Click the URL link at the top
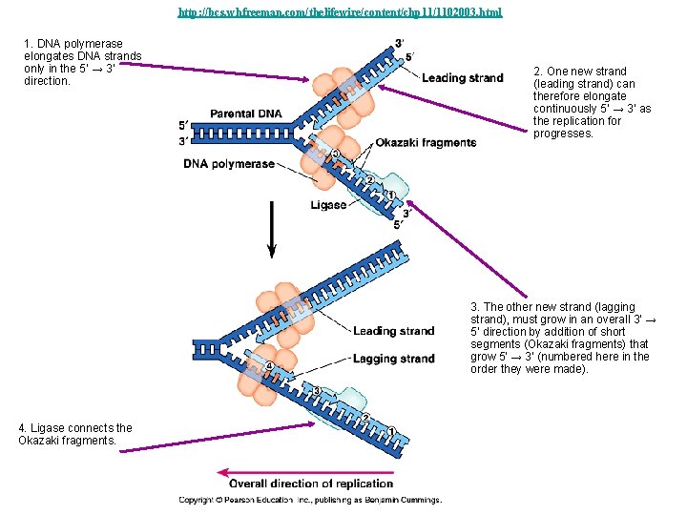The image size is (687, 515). click(x=340, y=12)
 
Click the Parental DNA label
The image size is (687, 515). click(x=246, y=113)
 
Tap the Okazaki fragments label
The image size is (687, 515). click(x=426, y=143)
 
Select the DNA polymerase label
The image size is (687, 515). click(x=229, y=164)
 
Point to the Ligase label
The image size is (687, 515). click(x=328, y=205)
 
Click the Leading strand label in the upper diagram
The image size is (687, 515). click(x=462, y=78)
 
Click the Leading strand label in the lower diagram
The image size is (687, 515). click(x=394, y=331)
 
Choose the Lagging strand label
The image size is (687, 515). click(x=394, y=359)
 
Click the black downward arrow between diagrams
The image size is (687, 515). click(x=272, y=230)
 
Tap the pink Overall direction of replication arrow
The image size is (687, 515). click(x=305, y=472)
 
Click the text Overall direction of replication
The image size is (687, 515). click(x=311, y=484)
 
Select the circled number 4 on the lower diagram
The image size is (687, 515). click(x=269, y=365)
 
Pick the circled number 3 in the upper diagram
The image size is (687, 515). click(x=335, y=154)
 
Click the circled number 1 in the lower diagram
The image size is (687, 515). click(x=392, y=431)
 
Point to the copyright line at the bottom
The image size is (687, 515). click(x=310, y=500)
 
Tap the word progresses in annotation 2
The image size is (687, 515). click(x=563, y=134)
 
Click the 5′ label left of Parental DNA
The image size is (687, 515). click(x=183, y=126)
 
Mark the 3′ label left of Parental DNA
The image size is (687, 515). click(x=183, y=141)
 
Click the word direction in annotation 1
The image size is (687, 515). click(x=47, y=81)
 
